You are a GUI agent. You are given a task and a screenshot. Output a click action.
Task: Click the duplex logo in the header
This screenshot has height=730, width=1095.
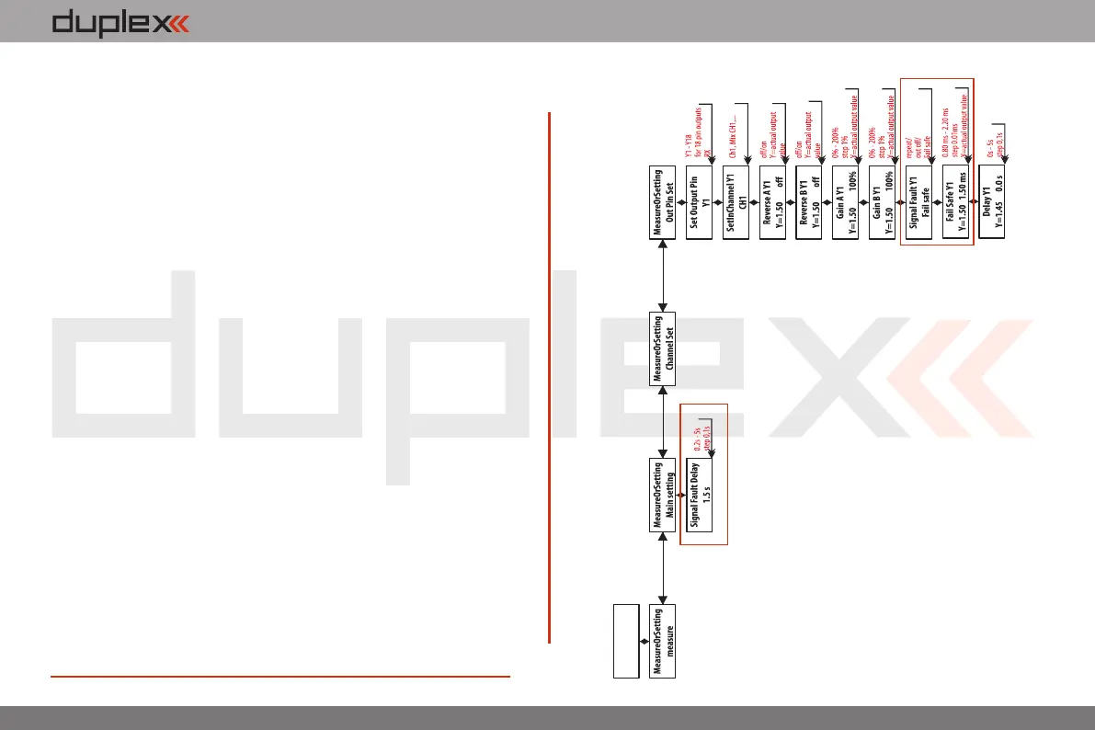coord(120,22)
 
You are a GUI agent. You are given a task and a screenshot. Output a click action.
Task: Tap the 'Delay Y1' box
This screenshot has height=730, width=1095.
coord(993,210)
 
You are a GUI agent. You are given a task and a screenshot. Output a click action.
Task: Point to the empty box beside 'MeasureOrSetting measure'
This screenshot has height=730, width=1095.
coord(627,643)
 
